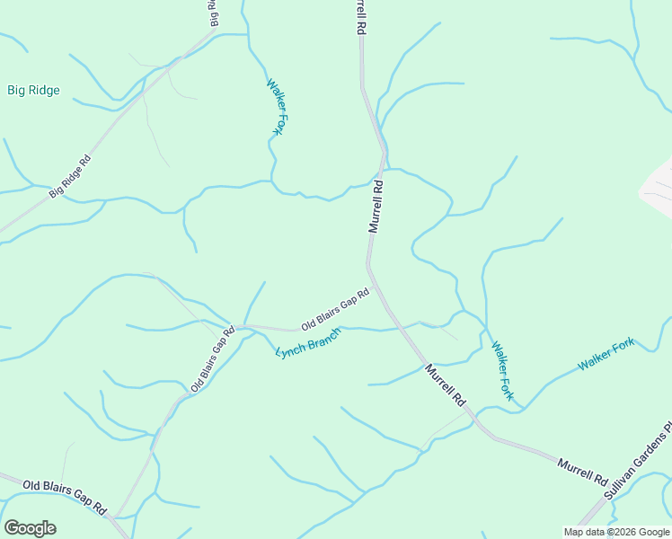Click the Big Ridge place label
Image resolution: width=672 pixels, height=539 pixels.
coord(34,90)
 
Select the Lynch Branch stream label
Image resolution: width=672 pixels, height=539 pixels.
coord(308,342)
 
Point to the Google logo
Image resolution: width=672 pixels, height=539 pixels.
coord(30,527)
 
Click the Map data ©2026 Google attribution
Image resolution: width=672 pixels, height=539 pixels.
coord(616,532)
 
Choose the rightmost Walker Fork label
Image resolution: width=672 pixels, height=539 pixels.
coord(606,354)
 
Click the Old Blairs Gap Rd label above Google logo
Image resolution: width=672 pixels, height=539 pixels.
coord(65,496)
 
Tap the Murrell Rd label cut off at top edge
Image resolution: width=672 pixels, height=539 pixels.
coord(361,16)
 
